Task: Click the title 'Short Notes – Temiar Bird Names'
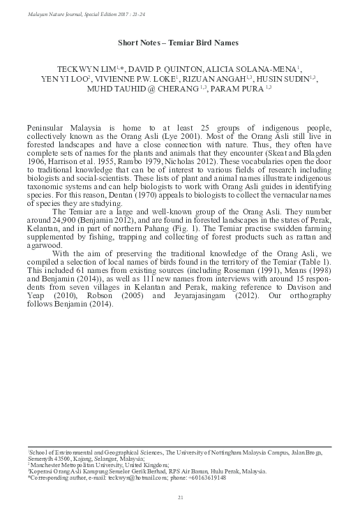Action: pos(179,43)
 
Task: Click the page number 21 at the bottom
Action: pos(180,496)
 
